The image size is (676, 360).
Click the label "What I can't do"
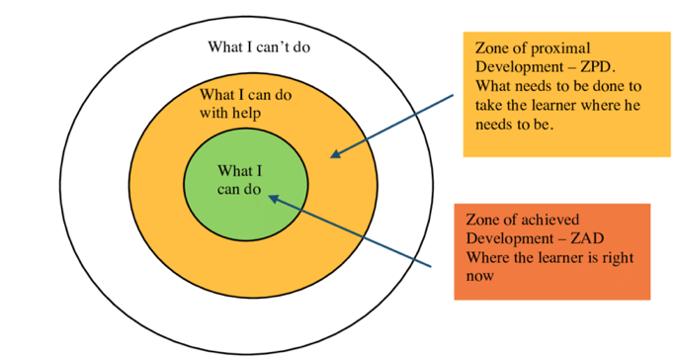click(267, 46)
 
